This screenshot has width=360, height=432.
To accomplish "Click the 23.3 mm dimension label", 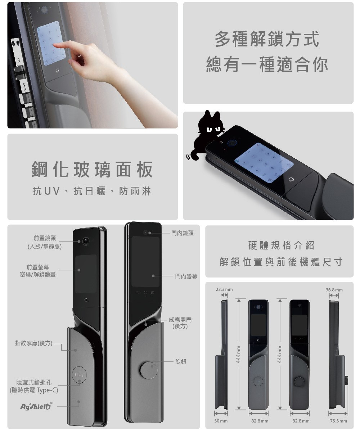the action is pos(224,289).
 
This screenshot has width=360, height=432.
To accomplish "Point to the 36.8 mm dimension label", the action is pos(334,290).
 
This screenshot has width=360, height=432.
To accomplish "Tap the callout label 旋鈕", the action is pos(181,362).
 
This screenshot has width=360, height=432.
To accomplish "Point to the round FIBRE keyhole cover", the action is pos(79,375).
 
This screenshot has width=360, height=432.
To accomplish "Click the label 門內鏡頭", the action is pos(182,233).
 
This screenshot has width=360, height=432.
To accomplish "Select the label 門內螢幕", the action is pos(186,276).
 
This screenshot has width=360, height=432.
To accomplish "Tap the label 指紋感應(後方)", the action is pos(34,343).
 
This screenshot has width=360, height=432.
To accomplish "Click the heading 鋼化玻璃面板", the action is pos(92,170).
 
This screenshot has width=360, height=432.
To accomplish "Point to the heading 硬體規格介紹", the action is pos(281,246).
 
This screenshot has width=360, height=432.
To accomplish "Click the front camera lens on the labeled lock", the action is pos(86,241).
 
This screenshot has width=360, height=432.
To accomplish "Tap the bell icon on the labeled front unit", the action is pos(86,300).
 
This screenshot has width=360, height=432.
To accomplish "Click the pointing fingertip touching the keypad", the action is pos(55,45).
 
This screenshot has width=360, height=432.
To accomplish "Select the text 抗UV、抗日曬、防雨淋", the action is pos(92,191).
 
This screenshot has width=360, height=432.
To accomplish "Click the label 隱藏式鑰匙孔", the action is pos(34,383).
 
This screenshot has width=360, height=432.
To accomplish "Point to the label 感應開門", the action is pos(180,320).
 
